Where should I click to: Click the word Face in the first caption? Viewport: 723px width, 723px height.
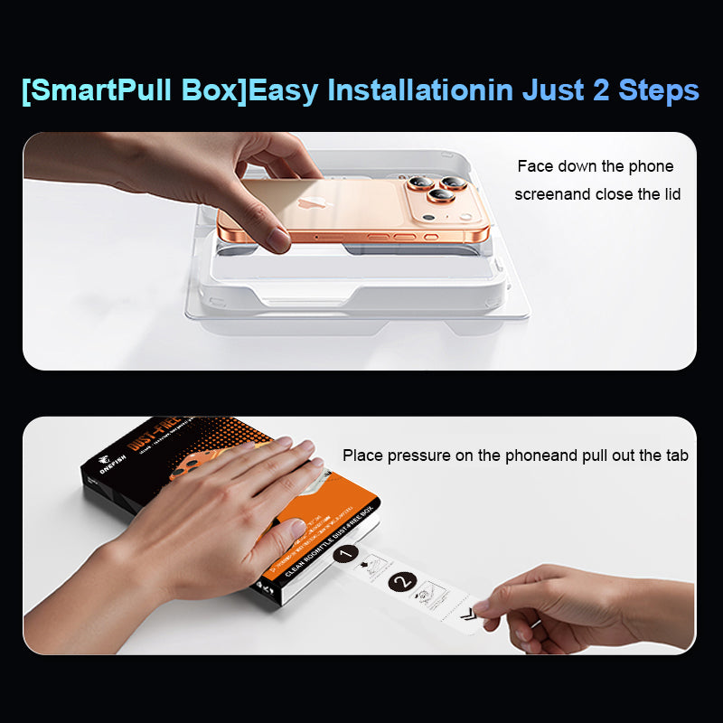click(534, 167)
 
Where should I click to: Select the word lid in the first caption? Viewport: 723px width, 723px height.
click(668, 193)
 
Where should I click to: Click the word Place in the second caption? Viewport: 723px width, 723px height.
click(362, 455)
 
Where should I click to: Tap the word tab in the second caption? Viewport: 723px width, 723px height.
click(676, 455)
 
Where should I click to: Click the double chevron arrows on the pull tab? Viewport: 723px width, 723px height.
click(467, 616)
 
